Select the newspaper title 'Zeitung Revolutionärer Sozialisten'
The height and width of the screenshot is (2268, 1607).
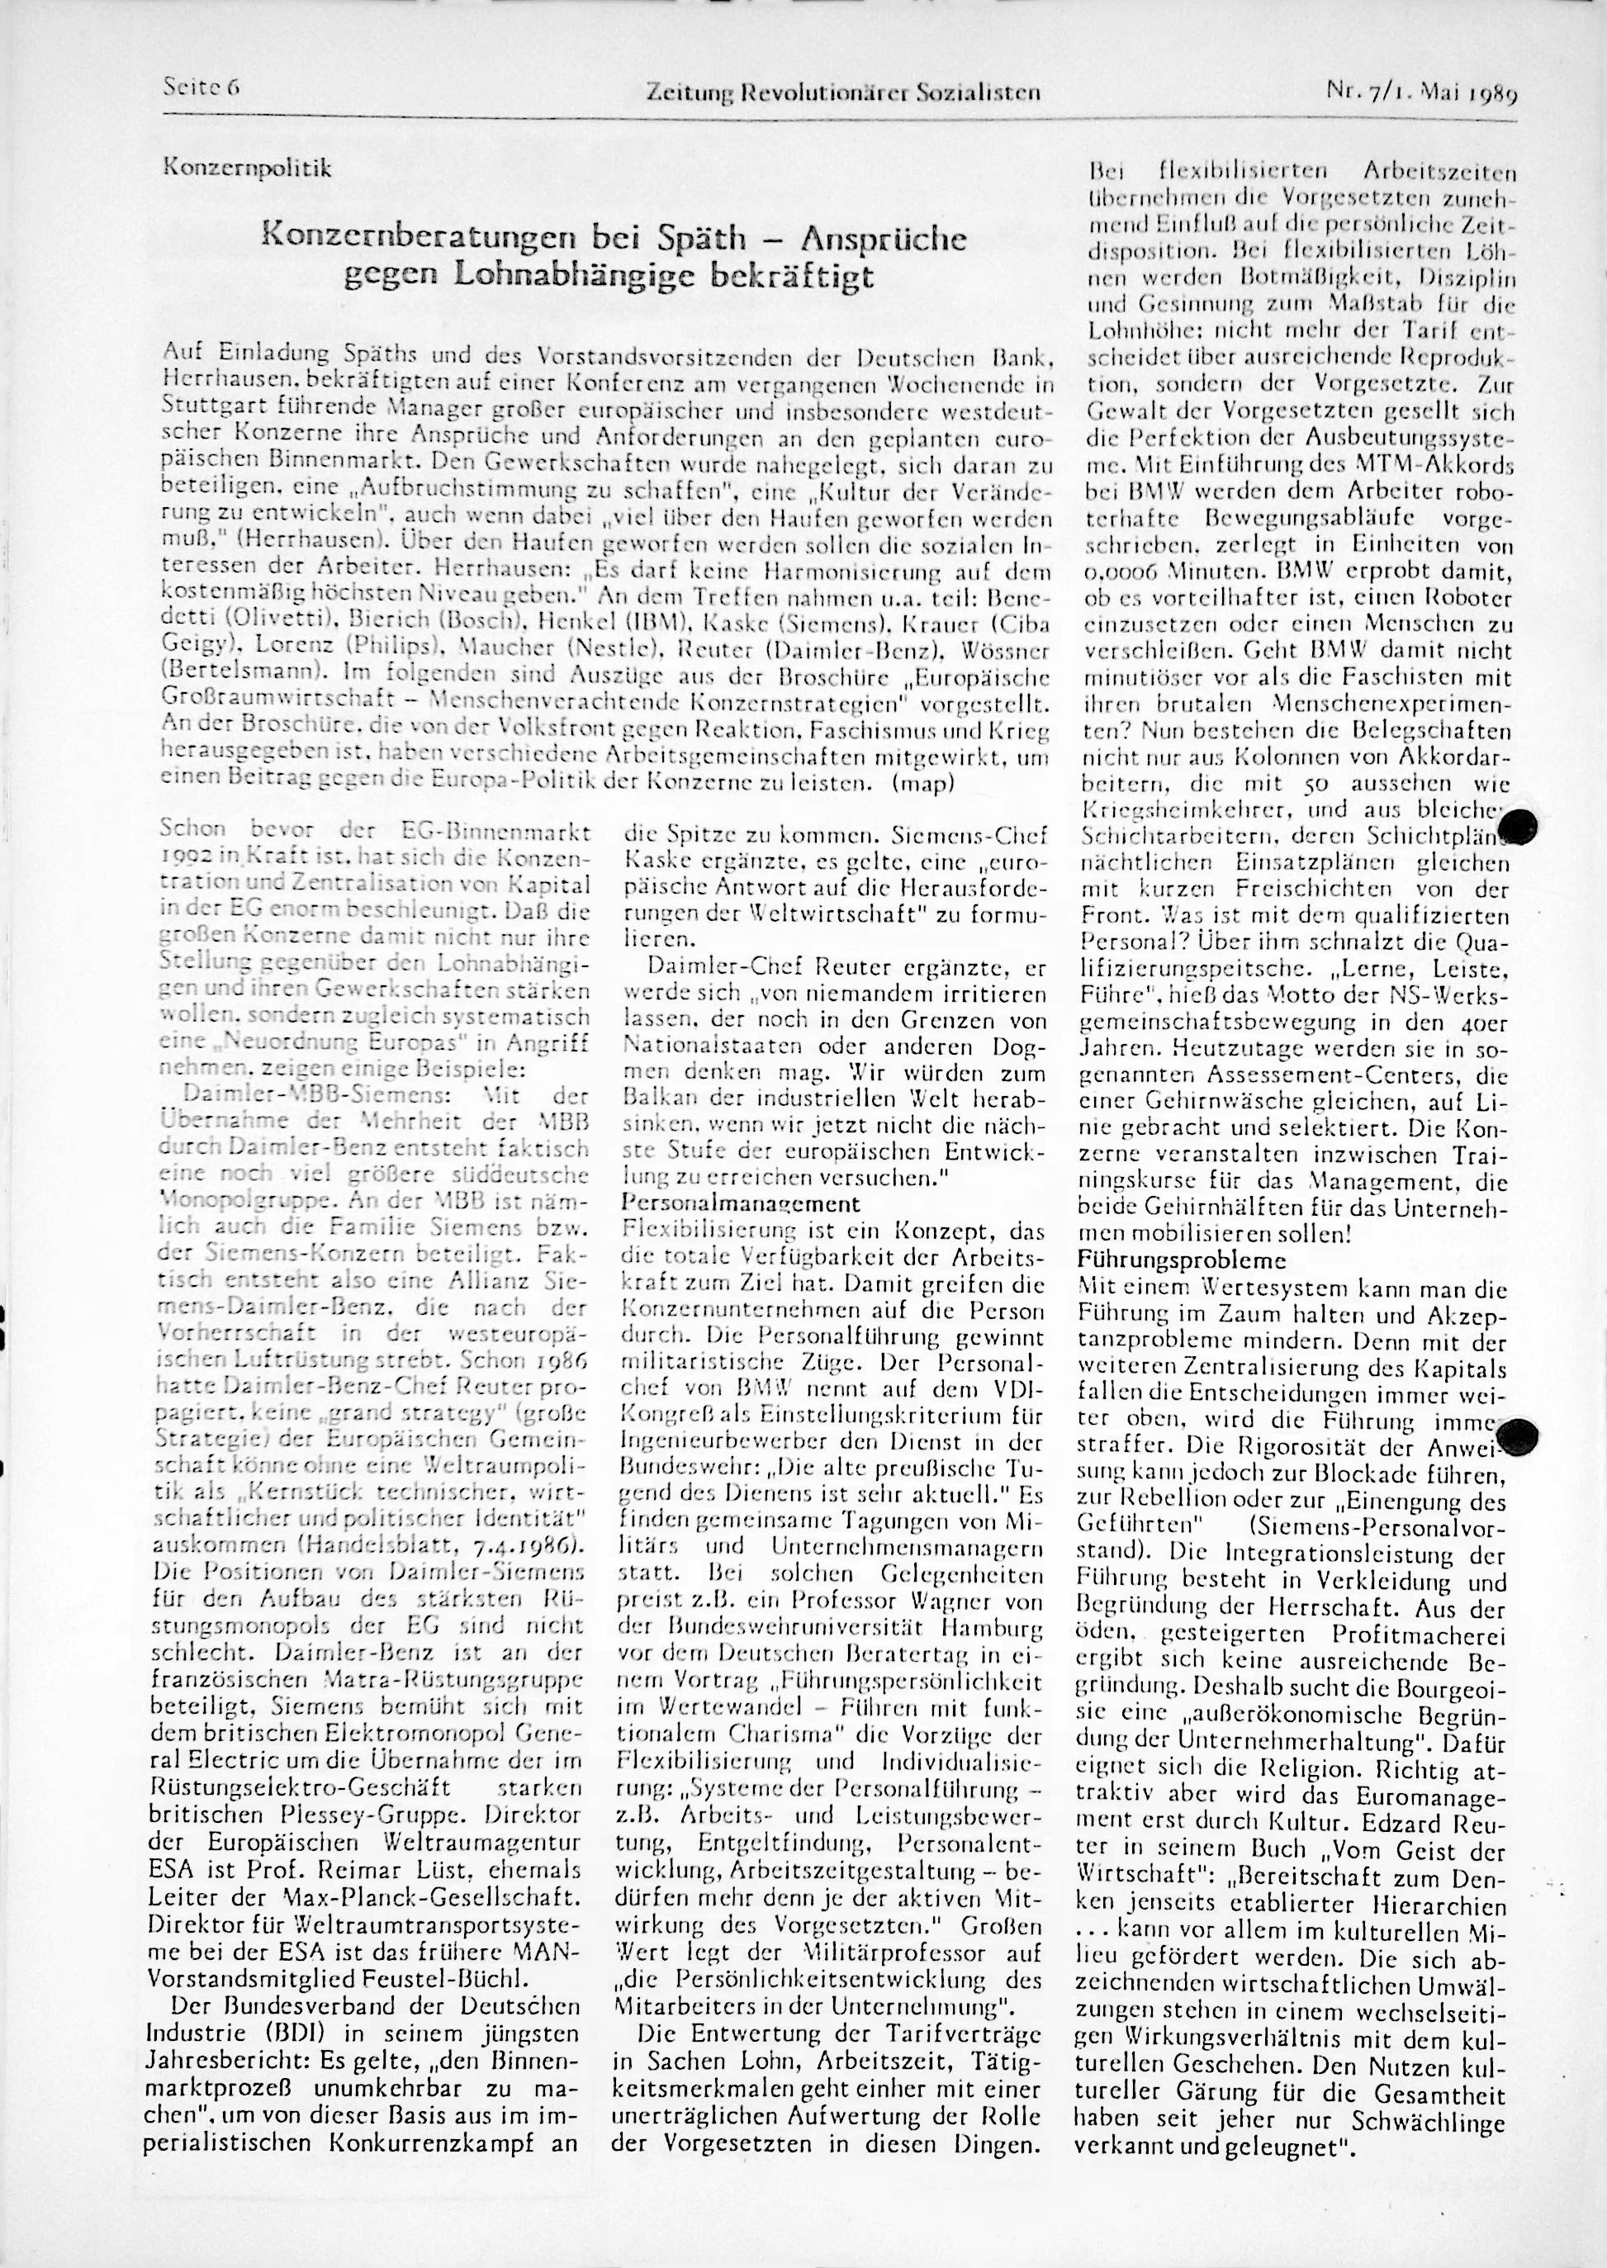pos(842,94)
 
